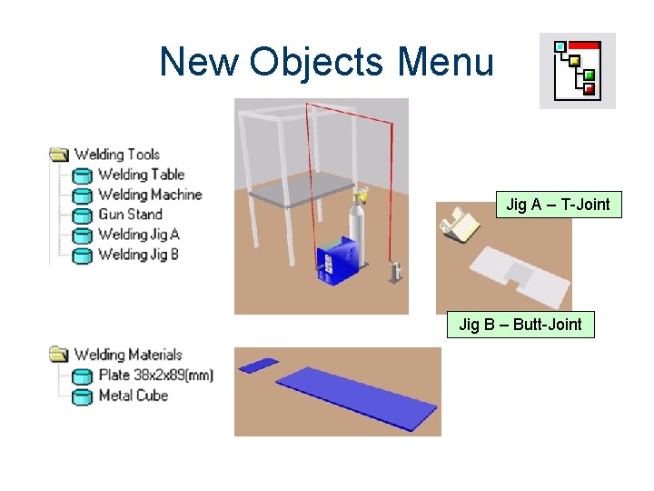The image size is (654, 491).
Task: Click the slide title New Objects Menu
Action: [x=326, y=62]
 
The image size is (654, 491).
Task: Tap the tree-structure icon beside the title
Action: [x=577, y=70]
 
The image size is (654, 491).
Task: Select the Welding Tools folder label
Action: [x=116, y=155]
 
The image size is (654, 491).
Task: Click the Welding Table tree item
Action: [x=140, y=175]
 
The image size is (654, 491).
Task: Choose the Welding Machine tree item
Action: [x=149, y=195]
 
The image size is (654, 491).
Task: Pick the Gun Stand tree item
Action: [x=129, y=215]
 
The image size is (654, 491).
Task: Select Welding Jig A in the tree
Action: [x=138, y=235]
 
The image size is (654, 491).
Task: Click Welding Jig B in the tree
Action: [x=138, y=255]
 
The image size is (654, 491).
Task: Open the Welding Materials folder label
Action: [x=127, y=355]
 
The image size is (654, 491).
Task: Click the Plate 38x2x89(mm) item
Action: [x=154, y=375]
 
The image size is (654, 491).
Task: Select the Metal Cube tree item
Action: [x=133, y=395]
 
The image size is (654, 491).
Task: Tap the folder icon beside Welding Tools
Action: [x=59, y=155]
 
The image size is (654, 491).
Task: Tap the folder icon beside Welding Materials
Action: [x=59, y=355]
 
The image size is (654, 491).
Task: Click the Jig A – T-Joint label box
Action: [x=558, y=205]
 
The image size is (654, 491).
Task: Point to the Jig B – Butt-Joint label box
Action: [x=520, y=324]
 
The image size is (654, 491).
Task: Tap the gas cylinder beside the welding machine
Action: [x=361, y=229]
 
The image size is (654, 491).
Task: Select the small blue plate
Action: [x=258, y=366]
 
